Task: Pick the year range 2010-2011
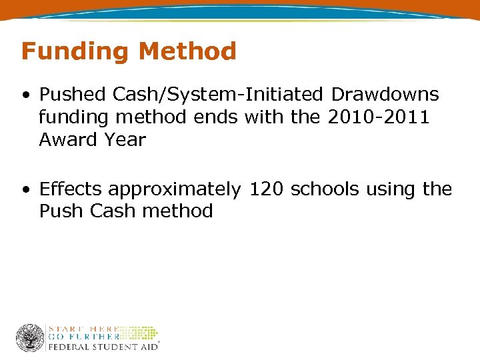tap(379, 118)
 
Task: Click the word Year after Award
tap(126, 140)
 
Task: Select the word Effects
tap(71, 189)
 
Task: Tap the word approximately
tap(175, 190)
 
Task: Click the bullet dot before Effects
tap(25, 190)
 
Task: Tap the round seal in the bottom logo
tap(30, 338)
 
